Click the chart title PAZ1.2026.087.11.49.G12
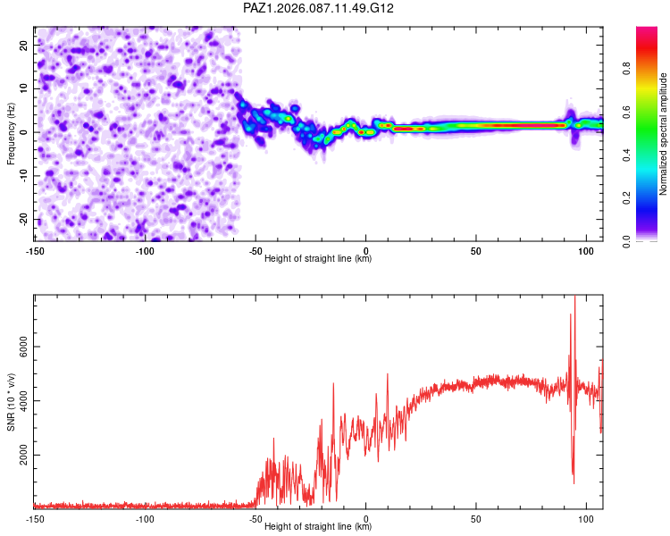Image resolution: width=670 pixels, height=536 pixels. pos(319,8)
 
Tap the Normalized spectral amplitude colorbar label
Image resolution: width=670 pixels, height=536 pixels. pos(664,134)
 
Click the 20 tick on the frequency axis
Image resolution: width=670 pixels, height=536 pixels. pos(24,45)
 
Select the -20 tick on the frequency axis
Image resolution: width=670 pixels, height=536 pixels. pos(22,220)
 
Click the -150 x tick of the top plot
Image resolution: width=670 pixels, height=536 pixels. pos(36,250)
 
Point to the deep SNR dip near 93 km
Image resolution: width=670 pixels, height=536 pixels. pos(573,482)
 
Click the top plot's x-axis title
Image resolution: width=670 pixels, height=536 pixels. pos(318,258)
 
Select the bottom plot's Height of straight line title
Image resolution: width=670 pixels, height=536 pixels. pos(318,527)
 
